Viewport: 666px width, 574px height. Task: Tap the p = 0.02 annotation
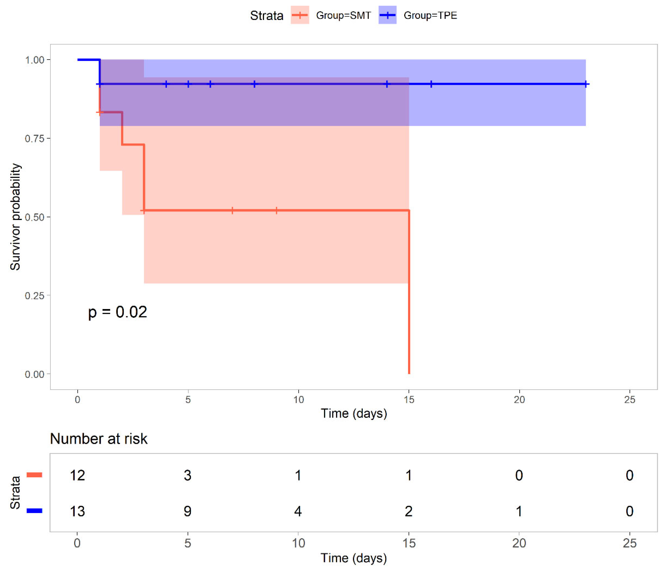pos(118,312)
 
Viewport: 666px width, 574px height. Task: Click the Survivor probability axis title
pos(15,217)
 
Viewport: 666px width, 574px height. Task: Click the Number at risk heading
pos(99,438)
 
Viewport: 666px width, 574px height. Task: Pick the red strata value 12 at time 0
pos(77,475)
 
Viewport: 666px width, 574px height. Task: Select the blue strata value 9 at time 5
pos(188,511)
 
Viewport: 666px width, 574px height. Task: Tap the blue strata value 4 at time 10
pos(298,511)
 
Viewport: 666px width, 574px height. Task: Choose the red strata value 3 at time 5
pos(188,475)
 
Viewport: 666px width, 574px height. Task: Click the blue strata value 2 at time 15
pos(409,511)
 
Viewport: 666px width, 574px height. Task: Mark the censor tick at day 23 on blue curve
pos(586,84)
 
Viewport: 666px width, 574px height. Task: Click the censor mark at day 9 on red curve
pos(276,211)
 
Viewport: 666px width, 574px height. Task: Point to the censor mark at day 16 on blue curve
pos(431,84)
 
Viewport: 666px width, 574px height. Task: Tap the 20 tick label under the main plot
pos(519,400)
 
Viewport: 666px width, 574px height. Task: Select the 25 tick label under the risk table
pos(629,543)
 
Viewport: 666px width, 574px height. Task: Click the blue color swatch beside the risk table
pos(34,511)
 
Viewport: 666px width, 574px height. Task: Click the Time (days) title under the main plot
pos(354,413)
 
